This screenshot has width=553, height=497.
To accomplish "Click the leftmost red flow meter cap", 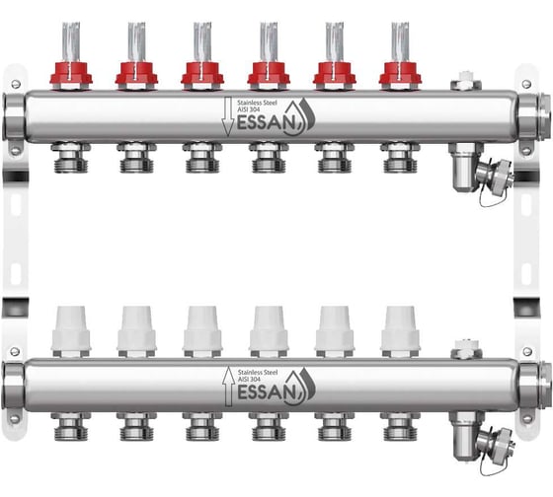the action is (x=71, y=76).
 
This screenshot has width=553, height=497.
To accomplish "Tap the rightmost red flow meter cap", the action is (x=400, y=76).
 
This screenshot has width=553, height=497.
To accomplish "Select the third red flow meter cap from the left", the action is (x=202, y=76).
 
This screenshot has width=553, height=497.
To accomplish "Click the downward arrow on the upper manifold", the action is (x=227, y=117).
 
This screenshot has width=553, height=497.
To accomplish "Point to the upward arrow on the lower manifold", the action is (x=228, y=386).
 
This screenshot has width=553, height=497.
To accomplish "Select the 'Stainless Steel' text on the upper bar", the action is (x=257, y=103).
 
